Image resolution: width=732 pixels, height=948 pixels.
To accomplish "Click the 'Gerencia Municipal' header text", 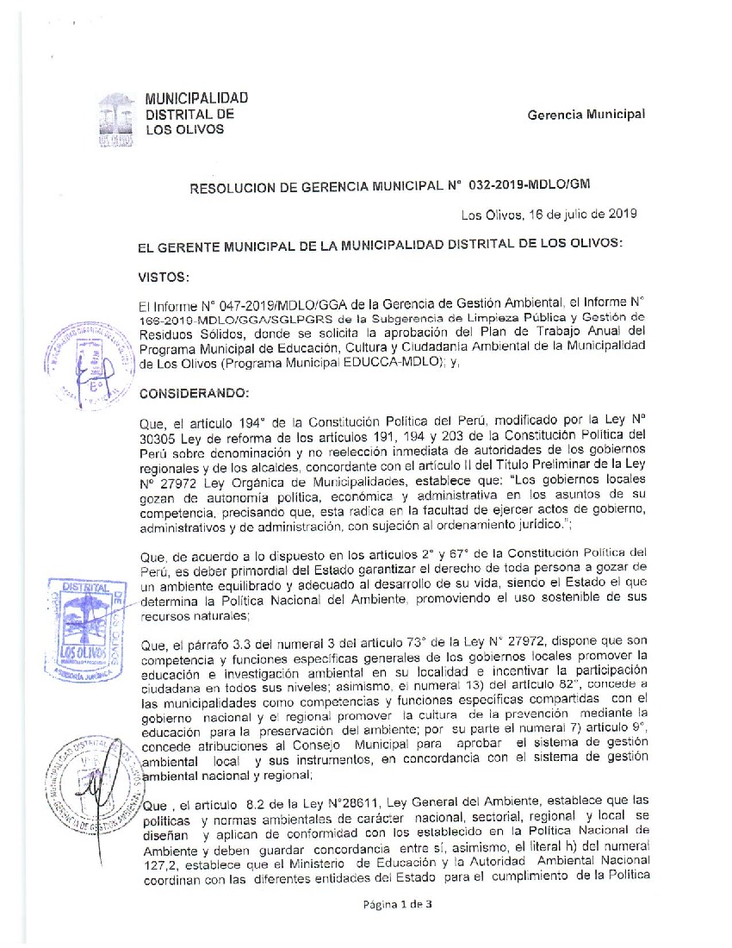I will [586, 115].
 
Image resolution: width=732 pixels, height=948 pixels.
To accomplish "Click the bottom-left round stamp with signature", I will [89, 780].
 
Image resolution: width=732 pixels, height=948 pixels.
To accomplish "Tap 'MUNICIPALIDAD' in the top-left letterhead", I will [195, 98].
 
